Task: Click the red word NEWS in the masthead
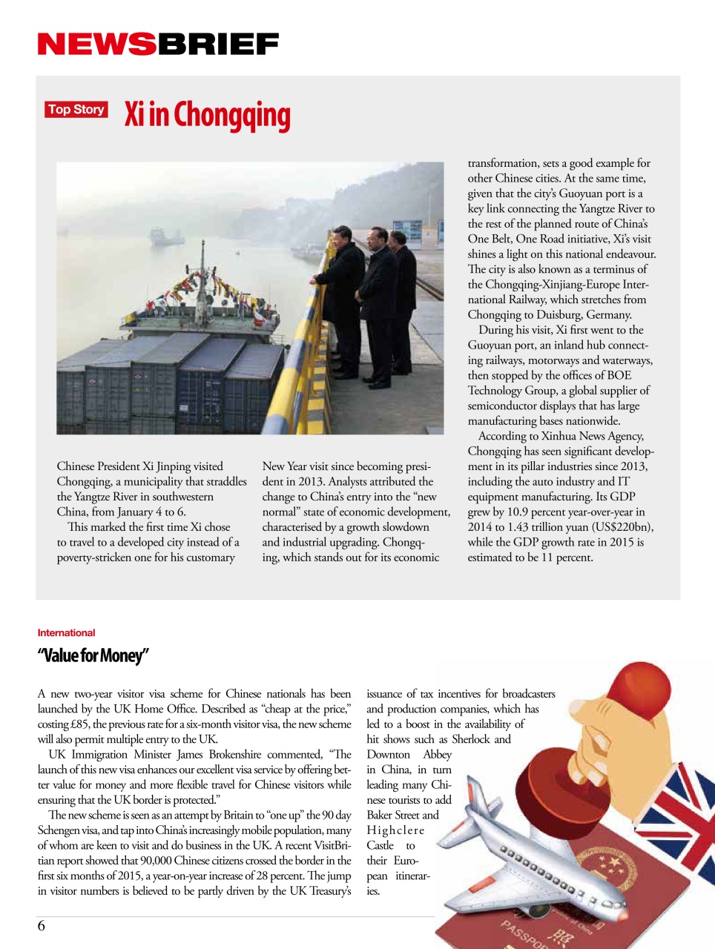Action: [x=96, y=44]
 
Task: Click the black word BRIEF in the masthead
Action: [x=218, y=44]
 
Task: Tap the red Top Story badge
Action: [x=76, y=110]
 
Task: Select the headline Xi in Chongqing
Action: [x=207, y=115]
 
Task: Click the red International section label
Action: [x=66, y=632]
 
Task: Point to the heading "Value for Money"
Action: [x=93, y=655]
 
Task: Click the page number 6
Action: [x=42, y=925]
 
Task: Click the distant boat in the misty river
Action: [x=167, y=237]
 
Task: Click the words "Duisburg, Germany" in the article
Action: [x=585, y=314]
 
